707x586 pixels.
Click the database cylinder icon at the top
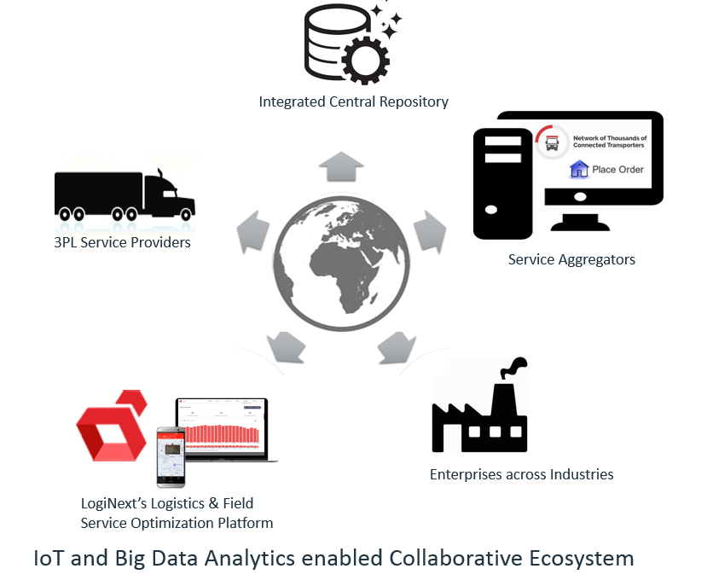pos(328,38)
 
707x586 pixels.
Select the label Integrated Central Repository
pos(353,102)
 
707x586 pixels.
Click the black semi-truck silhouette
pos(124,194)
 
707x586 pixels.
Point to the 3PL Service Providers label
pos(122,241)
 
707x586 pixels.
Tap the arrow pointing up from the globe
pos(341,167)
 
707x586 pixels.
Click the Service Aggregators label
pos(571,259)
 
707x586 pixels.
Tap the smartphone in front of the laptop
pos(171,455)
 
